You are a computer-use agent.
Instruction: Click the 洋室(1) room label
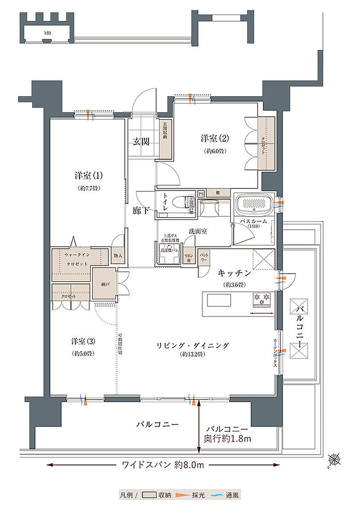(89, 176)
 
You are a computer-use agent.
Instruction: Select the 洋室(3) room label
(83, 341)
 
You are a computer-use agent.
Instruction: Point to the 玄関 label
(141, 141)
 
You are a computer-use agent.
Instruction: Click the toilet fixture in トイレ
(177, 204)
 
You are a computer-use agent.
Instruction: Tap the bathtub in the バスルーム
(254, 204)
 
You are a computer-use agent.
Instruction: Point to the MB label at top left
(47, 33)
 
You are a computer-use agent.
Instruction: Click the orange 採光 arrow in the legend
(179, 496)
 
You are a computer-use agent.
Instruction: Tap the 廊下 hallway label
(141, 210)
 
